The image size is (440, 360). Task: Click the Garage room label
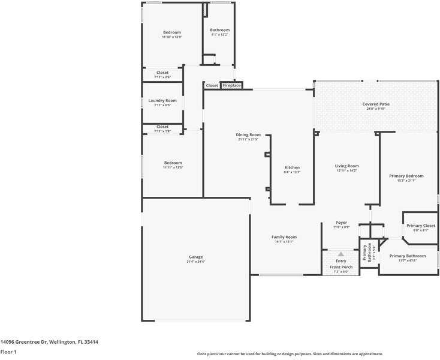coord(196,257)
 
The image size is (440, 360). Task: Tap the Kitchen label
coord(292,167)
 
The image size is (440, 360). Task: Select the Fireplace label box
coord(231,86)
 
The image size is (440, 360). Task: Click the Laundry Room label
coord(162,100)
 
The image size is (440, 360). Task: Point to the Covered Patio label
coord(376,104)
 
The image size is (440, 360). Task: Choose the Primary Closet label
coord(421,226)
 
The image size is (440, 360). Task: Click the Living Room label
coord(346,166)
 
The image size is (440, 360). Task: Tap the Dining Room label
coord(248,134)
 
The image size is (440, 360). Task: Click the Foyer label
coord(341,223)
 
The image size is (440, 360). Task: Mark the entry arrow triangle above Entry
coord(341,254)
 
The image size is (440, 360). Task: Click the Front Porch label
coord(340,267)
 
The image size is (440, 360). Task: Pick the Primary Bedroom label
coord(406,176)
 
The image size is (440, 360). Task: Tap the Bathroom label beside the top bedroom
coord(219,30)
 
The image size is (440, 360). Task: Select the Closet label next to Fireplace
coord(212,86)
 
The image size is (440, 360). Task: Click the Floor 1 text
coord(8,352)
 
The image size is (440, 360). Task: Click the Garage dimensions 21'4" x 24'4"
coord(196,262)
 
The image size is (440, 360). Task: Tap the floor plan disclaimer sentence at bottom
coord(290,353)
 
